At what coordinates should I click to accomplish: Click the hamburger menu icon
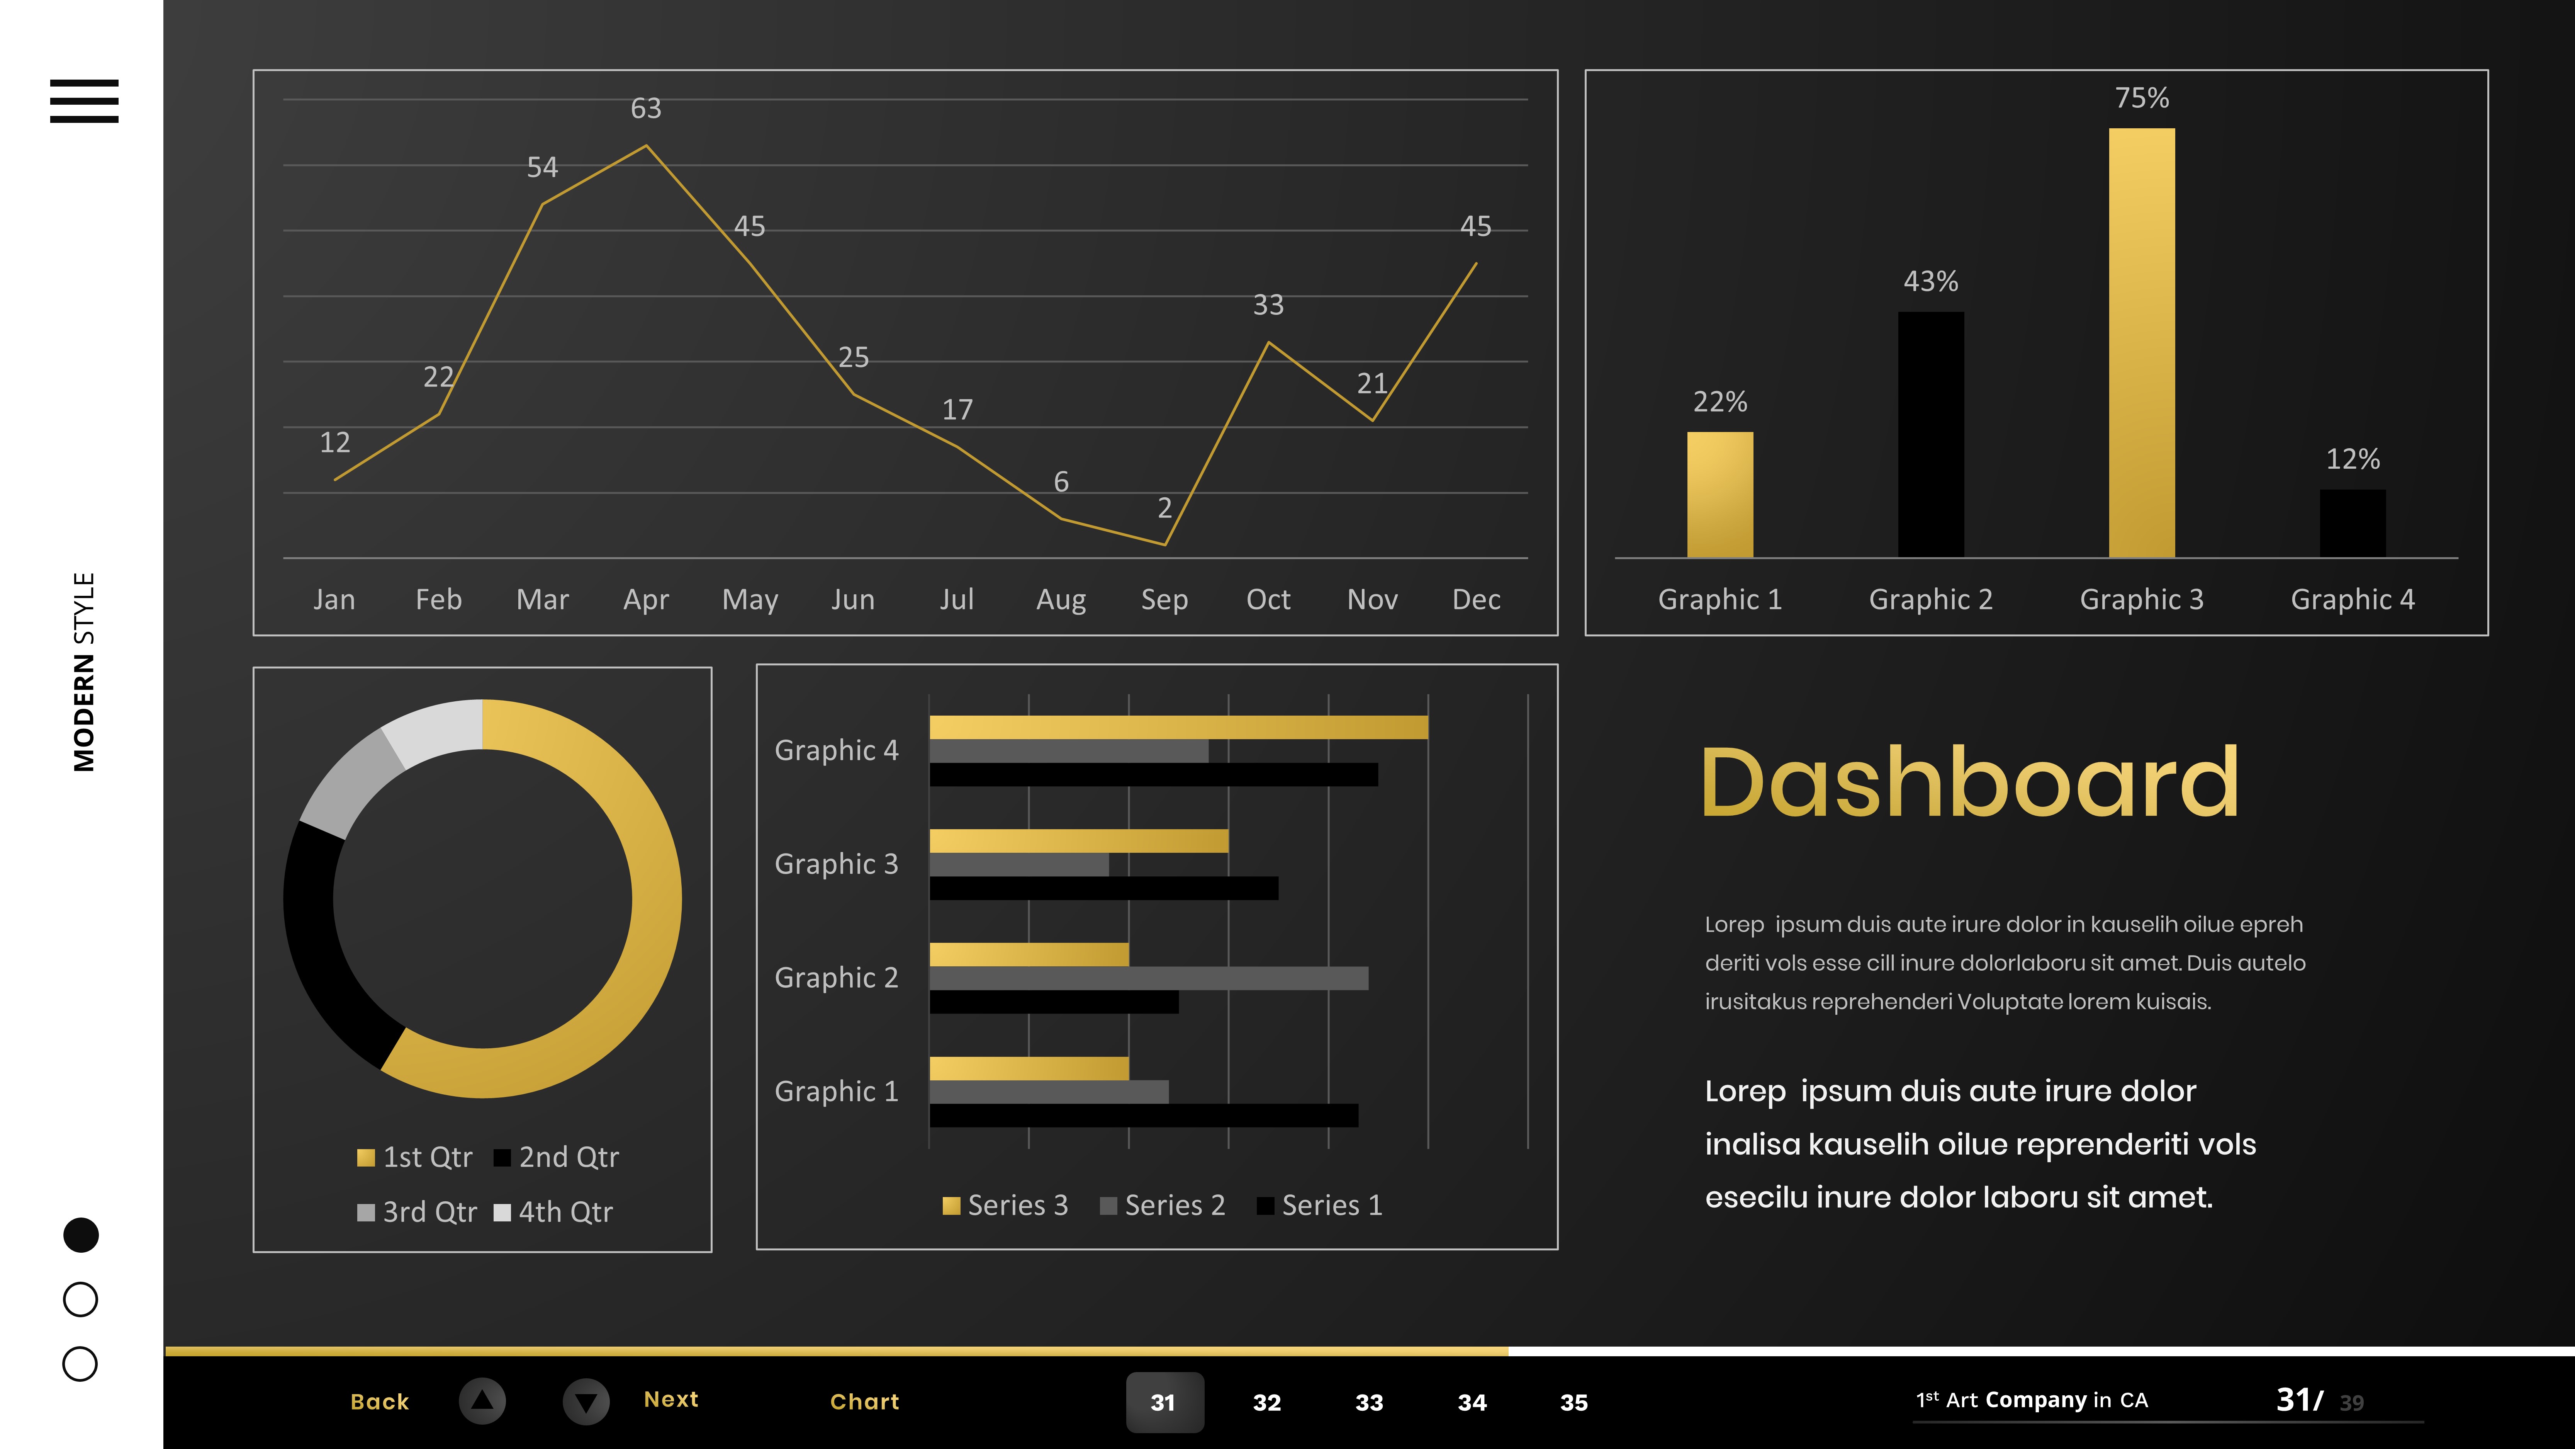pyautogui.click(x=84, y=101)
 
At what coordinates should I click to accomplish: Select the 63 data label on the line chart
pyautogui.click(x=646, y=108)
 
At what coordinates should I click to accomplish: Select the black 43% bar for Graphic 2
pyautogui.click(x=1930, y=434)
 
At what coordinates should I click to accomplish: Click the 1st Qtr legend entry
pyautogui.click(x=415, y=1157)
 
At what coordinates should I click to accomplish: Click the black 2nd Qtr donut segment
pyautogui.click(x=320, y=940)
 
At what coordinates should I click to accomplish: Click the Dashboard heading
pyautogui.click(x=1969, y=783)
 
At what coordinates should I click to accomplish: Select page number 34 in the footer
pyautogui.click(x=1472, y=1402)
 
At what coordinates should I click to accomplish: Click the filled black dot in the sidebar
pyautogui.click(x=81, y=1235)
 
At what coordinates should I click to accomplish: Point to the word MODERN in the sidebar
pyautogui.click(x=84, y=712)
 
